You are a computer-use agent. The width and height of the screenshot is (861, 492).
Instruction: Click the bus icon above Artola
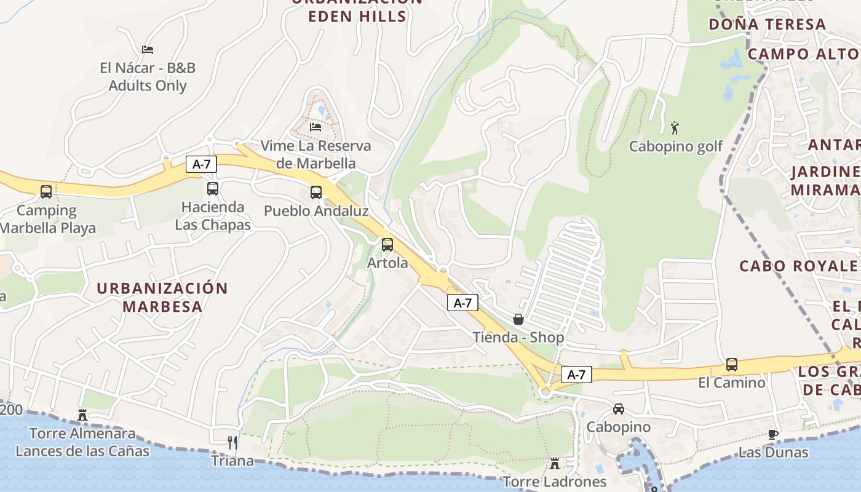click(387, 245)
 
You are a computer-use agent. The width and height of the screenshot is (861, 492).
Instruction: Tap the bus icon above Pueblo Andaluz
click(316, 192)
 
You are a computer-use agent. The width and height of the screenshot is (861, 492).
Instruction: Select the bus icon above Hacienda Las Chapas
click(213, 189)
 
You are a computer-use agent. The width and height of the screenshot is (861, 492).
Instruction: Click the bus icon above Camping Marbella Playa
click(46, 192)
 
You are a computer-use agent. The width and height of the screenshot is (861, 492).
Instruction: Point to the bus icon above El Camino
click(732, 365)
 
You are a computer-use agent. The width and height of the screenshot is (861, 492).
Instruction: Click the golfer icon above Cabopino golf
click(675, 128)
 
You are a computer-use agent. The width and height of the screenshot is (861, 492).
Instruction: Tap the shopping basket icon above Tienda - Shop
click(518, 319)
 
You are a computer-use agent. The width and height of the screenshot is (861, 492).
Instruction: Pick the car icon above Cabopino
click(619, 408)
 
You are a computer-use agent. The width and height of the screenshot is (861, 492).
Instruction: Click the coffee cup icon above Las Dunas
click(773, 434)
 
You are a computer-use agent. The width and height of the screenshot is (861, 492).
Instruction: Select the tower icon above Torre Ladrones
click(555, 463)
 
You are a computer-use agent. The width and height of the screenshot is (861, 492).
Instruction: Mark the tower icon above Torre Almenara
click(82, 415)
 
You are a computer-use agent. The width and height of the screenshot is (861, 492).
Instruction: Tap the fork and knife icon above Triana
click(232, 442)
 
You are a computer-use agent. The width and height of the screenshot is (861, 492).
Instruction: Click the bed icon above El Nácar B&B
click(148, 50)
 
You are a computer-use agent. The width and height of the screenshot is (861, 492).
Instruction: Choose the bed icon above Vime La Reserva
click(315, 127)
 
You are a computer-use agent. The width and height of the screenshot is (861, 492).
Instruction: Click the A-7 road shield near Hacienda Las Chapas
click(201, 164)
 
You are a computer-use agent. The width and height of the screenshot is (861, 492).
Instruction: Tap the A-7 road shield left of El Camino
click(576, 374)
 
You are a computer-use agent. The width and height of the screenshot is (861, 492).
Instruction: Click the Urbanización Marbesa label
click(162, 297)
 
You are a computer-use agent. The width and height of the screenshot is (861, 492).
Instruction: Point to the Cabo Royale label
click(798, 266)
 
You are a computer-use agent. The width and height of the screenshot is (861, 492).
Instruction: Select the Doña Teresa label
click(767, 25)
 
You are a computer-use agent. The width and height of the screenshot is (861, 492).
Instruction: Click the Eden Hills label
click(357, 16)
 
